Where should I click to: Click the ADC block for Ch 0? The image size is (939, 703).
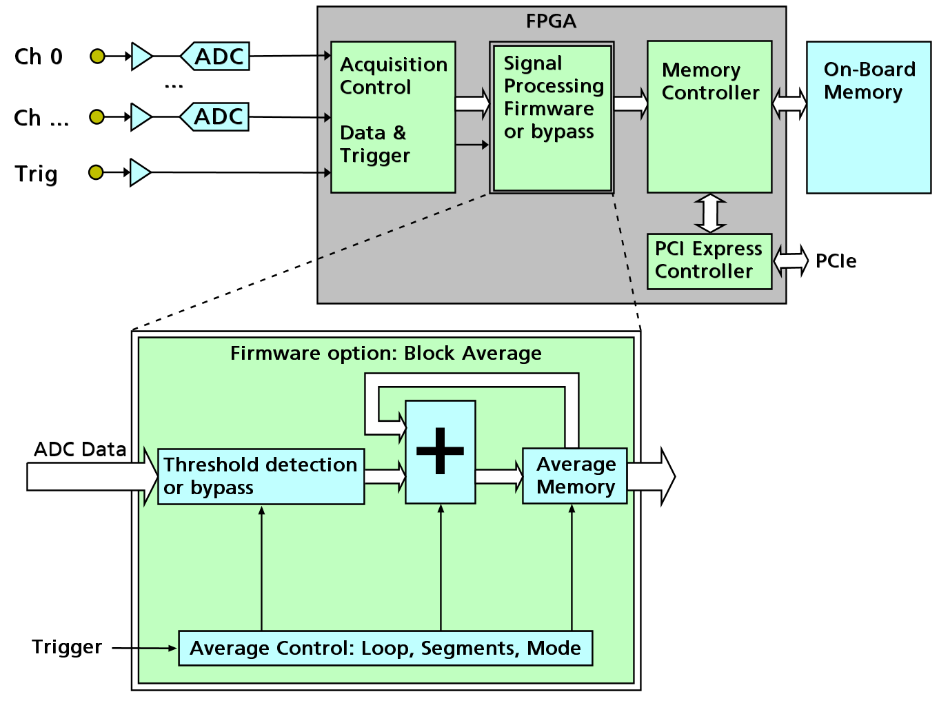coord(216,57)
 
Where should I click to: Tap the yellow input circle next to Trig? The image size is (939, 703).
coord(97,172)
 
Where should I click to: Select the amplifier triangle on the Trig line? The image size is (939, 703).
coord(139,172)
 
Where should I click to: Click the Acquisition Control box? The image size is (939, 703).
coord(393,116)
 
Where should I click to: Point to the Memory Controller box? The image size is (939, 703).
coord(709,116)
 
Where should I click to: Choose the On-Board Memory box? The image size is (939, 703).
coord(869,116)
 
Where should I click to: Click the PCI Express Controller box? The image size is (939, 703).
coord(709,261)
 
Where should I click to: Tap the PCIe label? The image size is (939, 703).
coord(836,261)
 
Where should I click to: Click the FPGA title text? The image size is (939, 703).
coord(551,21)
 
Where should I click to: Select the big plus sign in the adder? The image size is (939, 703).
coord(440,451)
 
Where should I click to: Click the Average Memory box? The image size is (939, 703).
coord(575,476)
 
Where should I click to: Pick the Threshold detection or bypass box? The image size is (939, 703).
coord(261,476)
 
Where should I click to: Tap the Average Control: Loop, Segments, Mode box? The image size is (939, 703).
coord(385,648)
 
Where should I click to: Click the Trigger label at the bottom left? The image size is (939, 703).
coord(67,647)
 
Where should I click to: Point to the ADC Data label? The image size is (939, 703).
coord(80,449)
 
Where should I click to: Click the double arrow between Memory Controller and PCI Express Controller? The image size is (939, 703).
coord(710,213)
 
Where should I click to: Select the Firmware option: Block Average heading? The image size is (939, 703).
coord(385,354)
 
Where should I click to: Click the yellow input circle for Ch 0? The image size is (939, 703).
coord(98,57)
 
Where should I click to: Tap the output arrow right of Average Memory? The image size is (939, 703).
coord(652,476)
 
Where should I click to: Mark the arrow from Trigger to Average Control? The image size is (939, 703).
coord(144,648)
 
